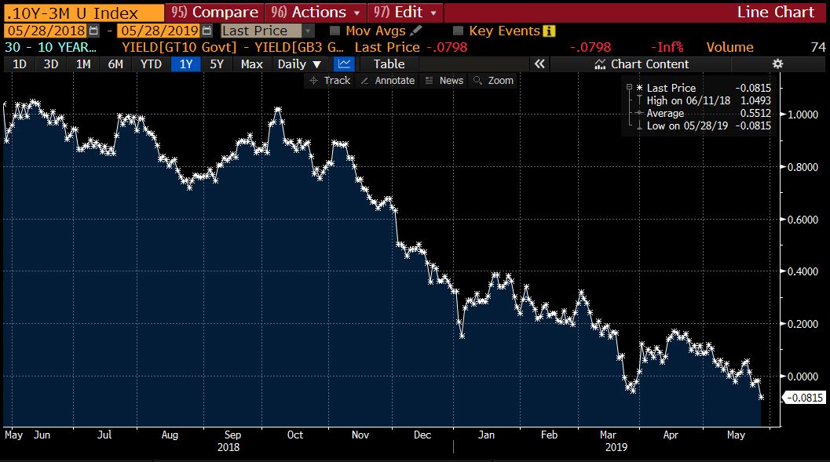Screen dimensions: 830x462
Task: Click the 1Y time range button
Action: [x=186, y=64]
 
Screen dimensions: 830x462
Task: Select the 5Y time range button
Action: [x=217, y=64]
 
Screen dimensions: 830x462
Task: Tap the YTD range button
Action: [x=151, y=64]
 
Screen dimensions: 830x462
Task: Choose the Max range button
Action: [x=251, y=64]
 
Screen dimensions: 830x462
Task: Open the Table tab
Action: [x=389, y=64]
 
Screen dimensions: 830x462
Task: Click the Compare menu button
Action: [x=214, y=13]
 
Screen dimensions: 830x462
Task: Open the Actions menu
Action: [x=316, y=13]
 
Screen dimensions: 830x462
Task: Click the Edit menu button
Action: [x=405, y=13]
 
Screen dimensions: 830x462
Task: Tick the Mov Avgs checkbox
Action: [x=335, y=31]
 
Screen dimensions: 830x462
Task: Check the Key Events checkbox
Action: [x=459, y=31]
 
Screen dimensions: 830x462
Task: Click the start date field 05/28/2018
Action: [x=46, y=31]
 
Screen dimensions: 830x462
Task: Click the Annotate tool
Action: [x=388, y=80]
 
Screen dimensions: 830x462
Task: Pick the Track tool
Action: [x=331, y=80]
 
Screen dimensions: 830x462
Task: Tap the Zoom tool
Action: [x=494, y=80]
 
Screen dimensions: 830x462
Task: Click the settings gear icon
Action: [x=777, y=64]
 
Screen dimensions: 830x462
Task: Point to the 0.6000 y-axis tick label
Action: [x=803, y=220]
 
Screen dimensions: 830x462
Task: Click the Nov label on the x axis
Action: [x=360, y=435]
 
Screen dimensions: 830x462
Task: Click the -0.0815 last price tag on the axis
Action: [x=804, y=398]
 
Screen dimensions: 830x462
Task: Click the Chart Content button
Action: [x=642, y=64]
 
